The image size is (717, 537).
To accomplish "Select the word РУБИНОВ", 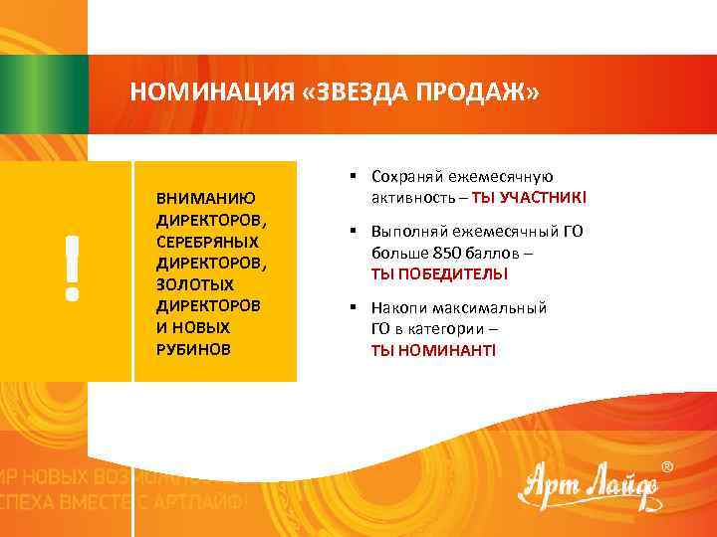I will (193, 349).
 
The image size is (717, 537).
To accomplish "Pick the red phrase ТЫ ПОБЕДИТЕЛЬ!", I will (439, 273).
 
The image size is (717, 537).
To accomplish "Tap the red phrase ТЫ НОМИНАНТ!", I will (433, 350).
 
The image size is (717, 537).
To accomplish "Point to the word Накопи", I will (398, 307).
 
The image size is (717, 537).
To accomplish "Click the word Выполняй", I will (410, 232).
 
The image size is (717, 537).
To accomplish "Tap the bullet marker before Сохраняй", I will (354, 176).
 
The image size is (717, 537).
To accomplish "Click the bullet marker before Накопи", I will (354, 307).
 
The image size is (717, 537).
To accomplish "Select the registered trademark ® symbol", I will (666, 466).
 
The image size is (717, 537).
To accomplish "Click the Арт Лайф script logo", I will (588, 487).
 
